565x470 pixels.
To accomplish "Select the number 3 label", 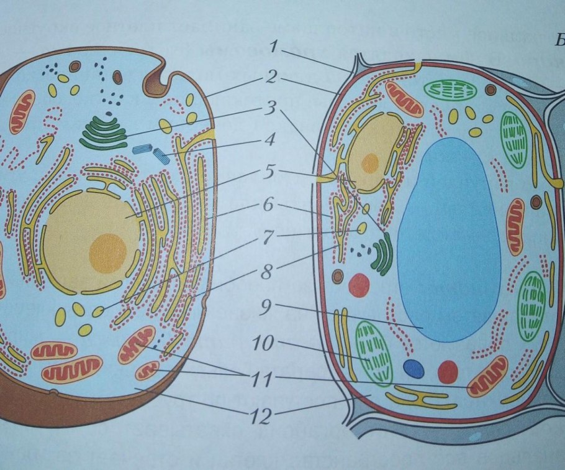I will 268,109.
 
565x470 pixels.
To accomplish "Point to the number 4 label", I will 268,141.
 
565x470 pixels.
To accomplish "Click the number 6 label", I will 268,204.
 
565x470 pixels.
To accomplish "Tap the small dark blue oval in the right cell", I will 413,367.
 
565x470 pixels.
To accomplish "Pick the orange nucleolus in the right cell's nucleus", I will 370,163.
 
